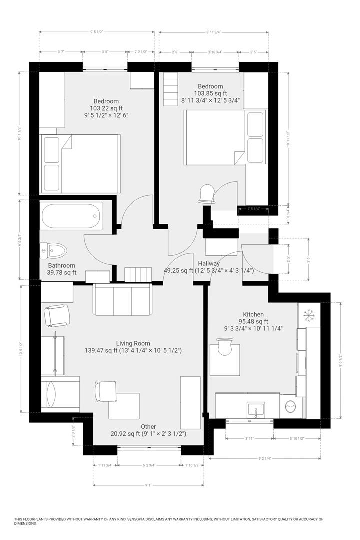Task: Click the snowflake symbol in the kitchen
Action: point(308,315)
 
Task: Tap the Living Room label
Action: point(133,343)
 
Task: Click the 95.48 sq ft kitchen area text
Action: point(253,321)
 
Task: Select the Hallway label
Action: point(209,263)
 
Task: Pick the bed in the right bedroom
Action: point(225,137)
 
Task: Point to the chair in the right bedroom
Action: point(207,194)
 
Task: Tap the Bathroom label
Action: point(62,265)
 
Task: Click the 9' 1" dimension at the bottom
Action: point(149,484)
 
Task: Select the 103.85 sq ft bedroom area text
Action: point(210,93)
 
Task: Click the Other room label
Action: point(148,426)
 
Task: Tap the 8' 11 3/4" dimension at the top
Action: point(214,32)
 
